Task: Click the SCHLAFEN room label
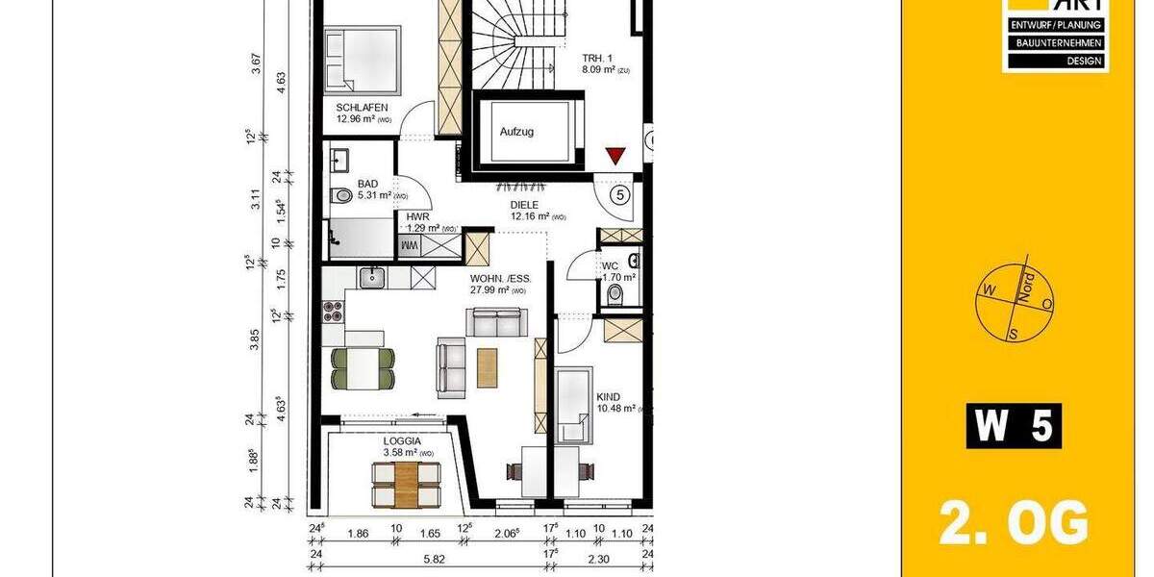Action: point(362,107)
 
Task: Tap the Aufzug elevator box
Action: point(515,131)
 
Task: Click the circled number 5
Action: point(620,195)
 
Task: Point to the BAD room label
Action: point(367,183)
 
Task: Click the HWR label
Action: point(417,217)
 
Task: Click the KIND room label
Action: point(608,396)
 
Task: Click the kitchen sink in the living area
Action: point(372,277)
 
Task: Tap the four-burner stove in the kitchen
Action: point(333,310)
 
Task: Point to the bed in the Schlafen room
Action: point(362,58)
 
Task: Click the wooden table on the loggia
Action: point(406,484)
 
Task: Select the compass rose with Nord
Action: point(1016,301)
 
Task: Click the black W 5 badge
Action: point(1014,426)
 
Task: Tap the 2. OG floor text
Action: point(1014,525)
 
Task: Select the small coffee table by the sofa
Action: point(489,365)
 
